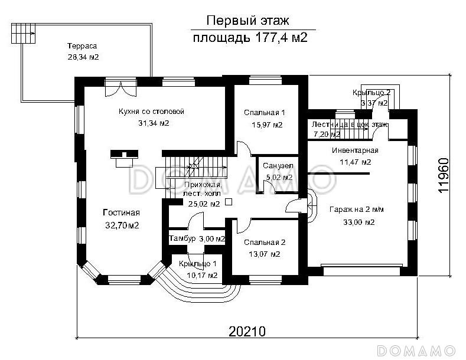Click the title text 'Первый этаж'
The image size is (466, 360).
coord(247,21)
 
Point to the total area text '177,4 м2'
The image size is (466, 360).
coord(281,39)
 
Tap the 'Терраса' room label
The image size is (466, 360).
coord(82,47)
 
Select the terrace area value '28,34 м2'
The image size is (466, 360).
coord(83,57)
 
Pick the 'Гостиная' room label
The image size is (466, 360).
coord(120,213)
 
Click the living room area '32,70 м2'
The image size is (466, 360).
coord(120,225)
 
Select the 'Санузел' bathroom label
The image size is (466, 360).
coord(277,166)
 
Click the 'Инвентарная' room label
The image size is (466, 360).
coord(354,150)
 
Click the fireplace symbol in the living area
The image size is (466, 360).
coord(124,157)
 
